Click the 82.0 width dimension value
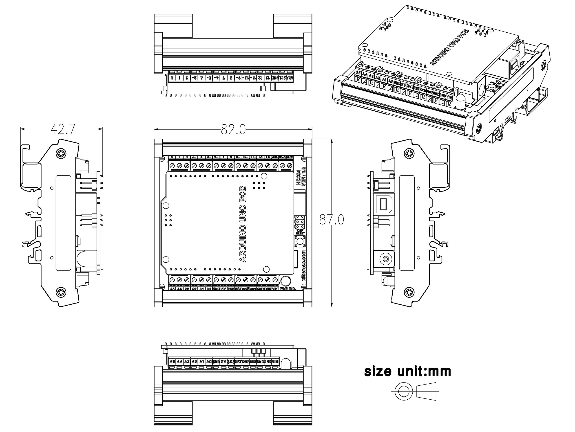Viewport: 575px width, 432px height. [x=233, y=129]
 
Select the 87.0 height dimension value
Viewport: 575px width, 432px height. [x=332, y=220]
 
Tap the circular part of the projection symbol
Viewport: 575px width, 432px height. [x=404, y=391]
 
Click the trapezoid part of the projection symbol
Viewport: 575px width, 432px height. [x=426, y=391]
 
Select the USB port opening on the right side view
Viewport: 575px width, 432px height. [x=384, y=204]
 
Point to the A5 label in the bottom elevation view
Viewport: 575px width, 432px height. [x=172, y=362]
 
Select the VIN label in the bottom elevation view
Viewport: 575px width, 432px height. [x=275, y=362]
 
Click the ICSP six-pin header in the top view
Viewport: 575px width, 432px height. [x=300, y=222]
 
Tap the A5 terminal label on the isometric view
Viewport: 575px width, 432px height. [x=358, y=73]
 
